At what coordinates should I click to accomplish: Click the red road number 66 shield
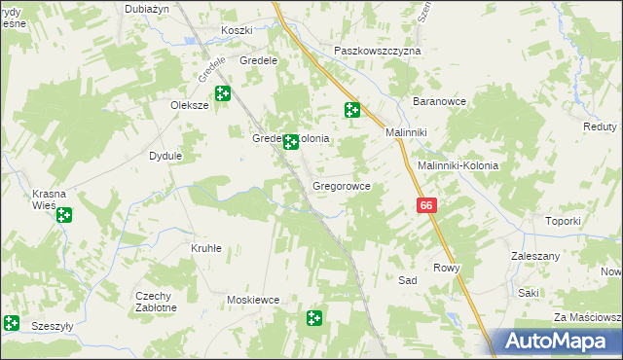(x=426, y=205)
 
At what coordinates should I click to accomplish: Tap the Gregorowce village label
(x=340, y=185)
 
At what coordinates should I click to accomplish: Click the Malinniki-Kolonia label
(x=458, y=165)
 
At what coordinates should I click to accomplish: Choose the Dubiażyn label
(x=147, y=8)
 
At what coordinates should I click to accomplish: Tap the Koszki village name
(x=237, y=30)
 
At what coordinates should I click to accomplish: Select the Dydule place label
(x=165, y=156)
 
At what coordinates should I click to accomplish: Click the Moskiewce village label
(x=253, y=300)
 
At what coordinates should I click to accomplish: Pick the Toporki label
(x=563, y=221)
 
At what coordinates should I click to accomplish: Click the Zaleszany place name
(x=533, y=255)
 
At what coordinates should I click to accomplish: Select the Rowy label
(x=446, y=268)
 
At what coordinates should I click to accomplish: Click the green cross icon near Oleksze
(x=223, y=94)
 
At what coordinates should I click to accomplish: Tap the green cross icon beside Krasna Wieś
(x=64, y=216)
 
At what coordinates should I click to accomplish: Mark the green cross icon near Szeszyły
(x=11, y=322)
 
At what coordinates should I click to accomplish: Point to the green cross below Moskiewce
(x=314, y=318)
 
